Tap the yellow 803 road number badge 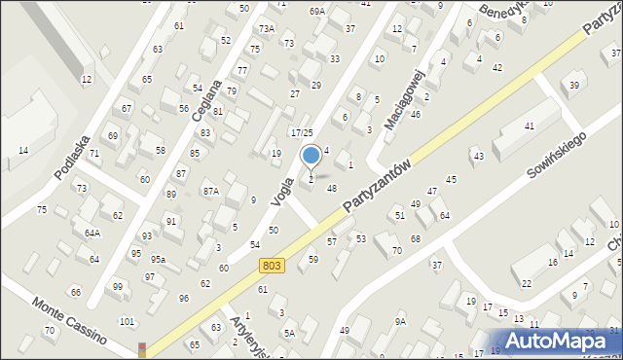click(272, 265)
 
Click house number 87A click(210, 192)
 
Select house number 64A click(92, 234)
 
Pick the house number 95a click(158, 259)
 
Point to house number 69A click(317, 12)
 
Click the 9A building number click(400, 321)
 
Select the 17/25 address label click(302, 132)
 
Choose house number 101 click(126, 321)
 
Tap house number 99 click(118, 286)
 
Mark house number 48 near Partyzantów click(332, 188)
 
